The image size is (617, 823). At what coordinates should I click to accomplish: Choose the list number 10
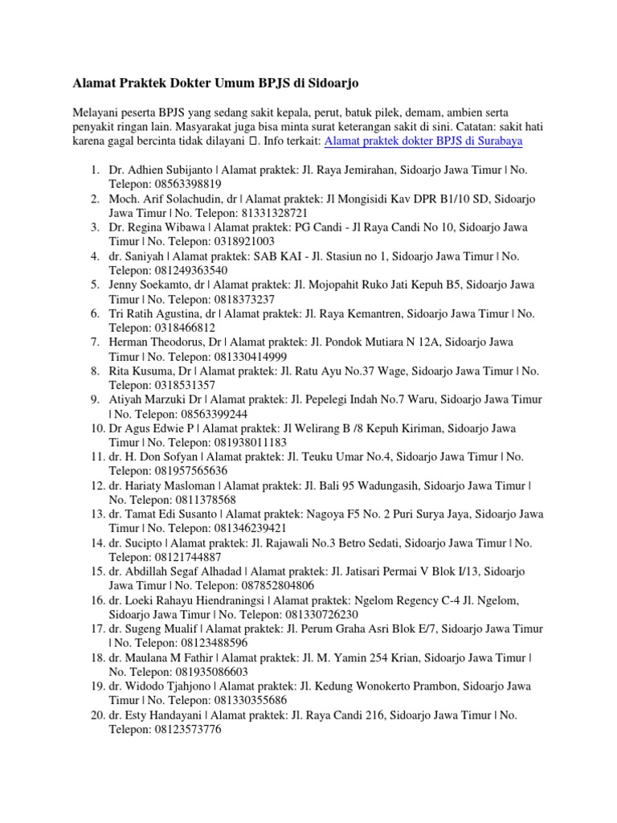click(97, 428)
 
